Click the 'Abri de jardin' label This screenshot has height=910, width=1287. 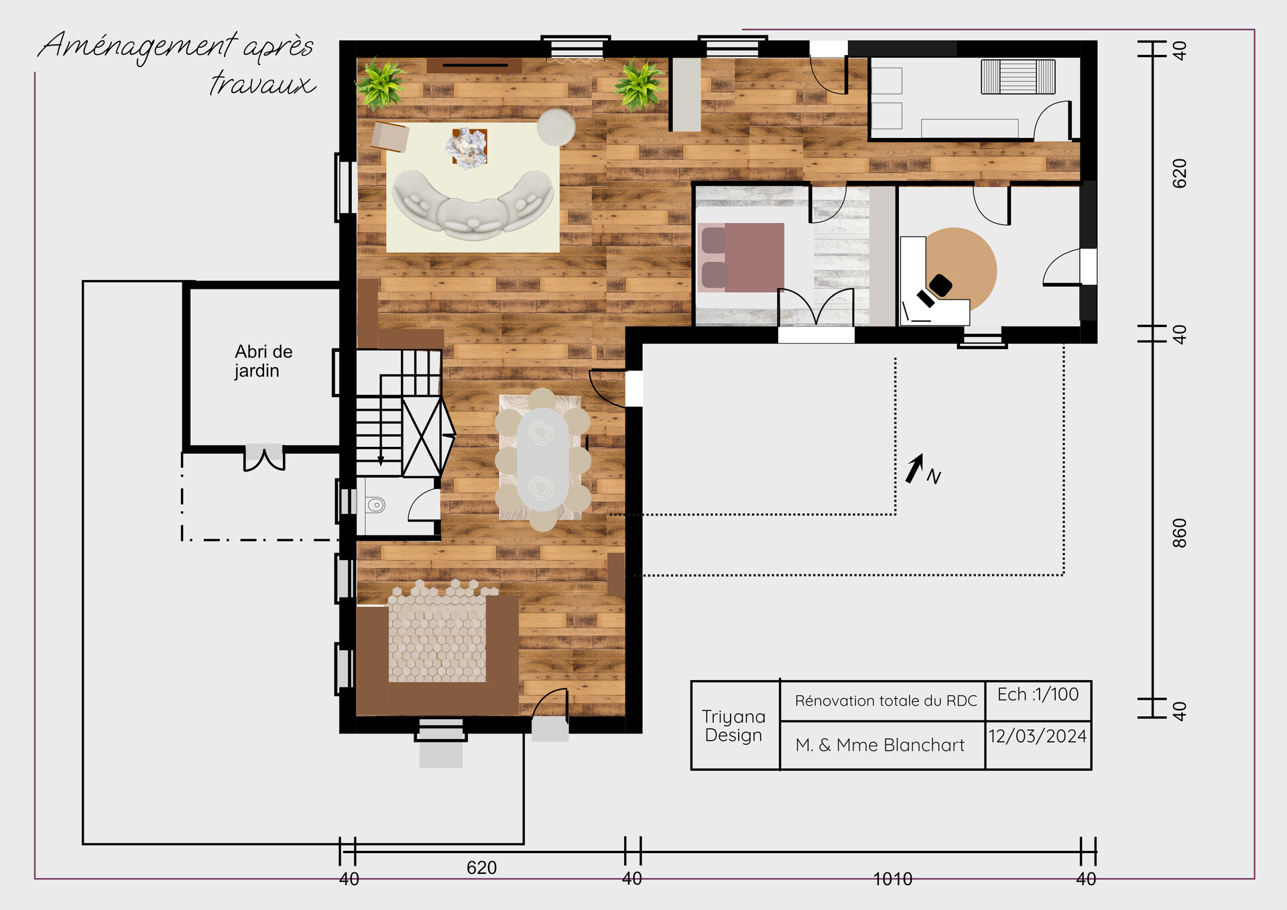point(263,361)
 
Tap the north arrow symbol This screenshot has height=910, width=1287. point(916,468)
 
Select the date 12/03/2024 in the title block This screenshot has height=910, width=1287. point(1037,736)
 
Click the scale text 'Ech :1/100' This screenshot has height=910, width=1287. point(1038,694)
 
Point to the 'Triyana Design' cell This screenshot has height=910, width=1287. point(733,726)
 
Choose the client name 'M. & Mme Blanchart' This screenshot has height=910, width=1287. point(879,745)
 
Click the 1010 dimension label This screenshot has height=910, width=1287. point(892,879)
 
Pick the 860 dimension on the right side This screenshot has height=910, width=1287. point(1180,533)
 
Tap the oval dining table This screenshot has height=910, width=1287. point(543,460)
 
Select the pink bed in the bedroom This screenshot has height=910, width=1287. point(744,258)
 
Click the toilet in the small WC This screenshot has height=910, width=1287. point(376,505)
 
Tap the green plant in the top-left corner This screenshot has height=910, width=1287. point(381,84)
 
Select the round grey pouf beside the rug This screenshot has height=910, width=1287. point(556,127)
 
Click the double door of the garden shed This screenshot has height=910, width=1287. point(264,458)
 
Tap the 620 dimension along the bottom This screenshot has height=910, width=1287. point(481,868)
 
